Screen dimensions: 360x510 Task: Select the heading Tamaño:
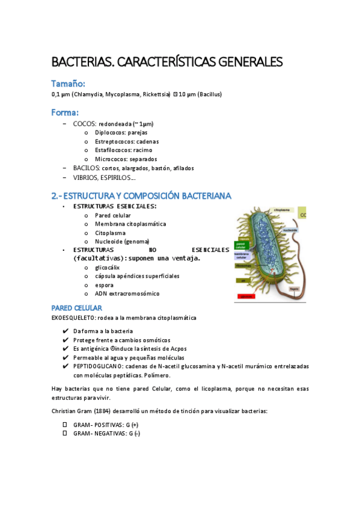68,83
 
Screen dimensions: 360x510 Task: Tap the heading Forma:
65,112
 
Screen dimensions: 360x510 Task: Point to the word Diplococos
110,132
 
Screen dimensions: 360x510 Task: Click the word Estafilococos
114,150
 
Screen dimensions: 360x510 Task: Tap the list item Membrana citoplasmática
130,224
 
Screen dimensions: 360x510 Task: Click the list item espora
104,284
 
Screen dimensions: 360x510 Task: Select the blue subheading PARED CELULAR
76,307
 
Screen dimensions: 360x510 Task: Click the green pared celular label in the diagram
241,245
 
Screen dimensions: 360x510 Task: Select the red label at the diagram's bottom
246,296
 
